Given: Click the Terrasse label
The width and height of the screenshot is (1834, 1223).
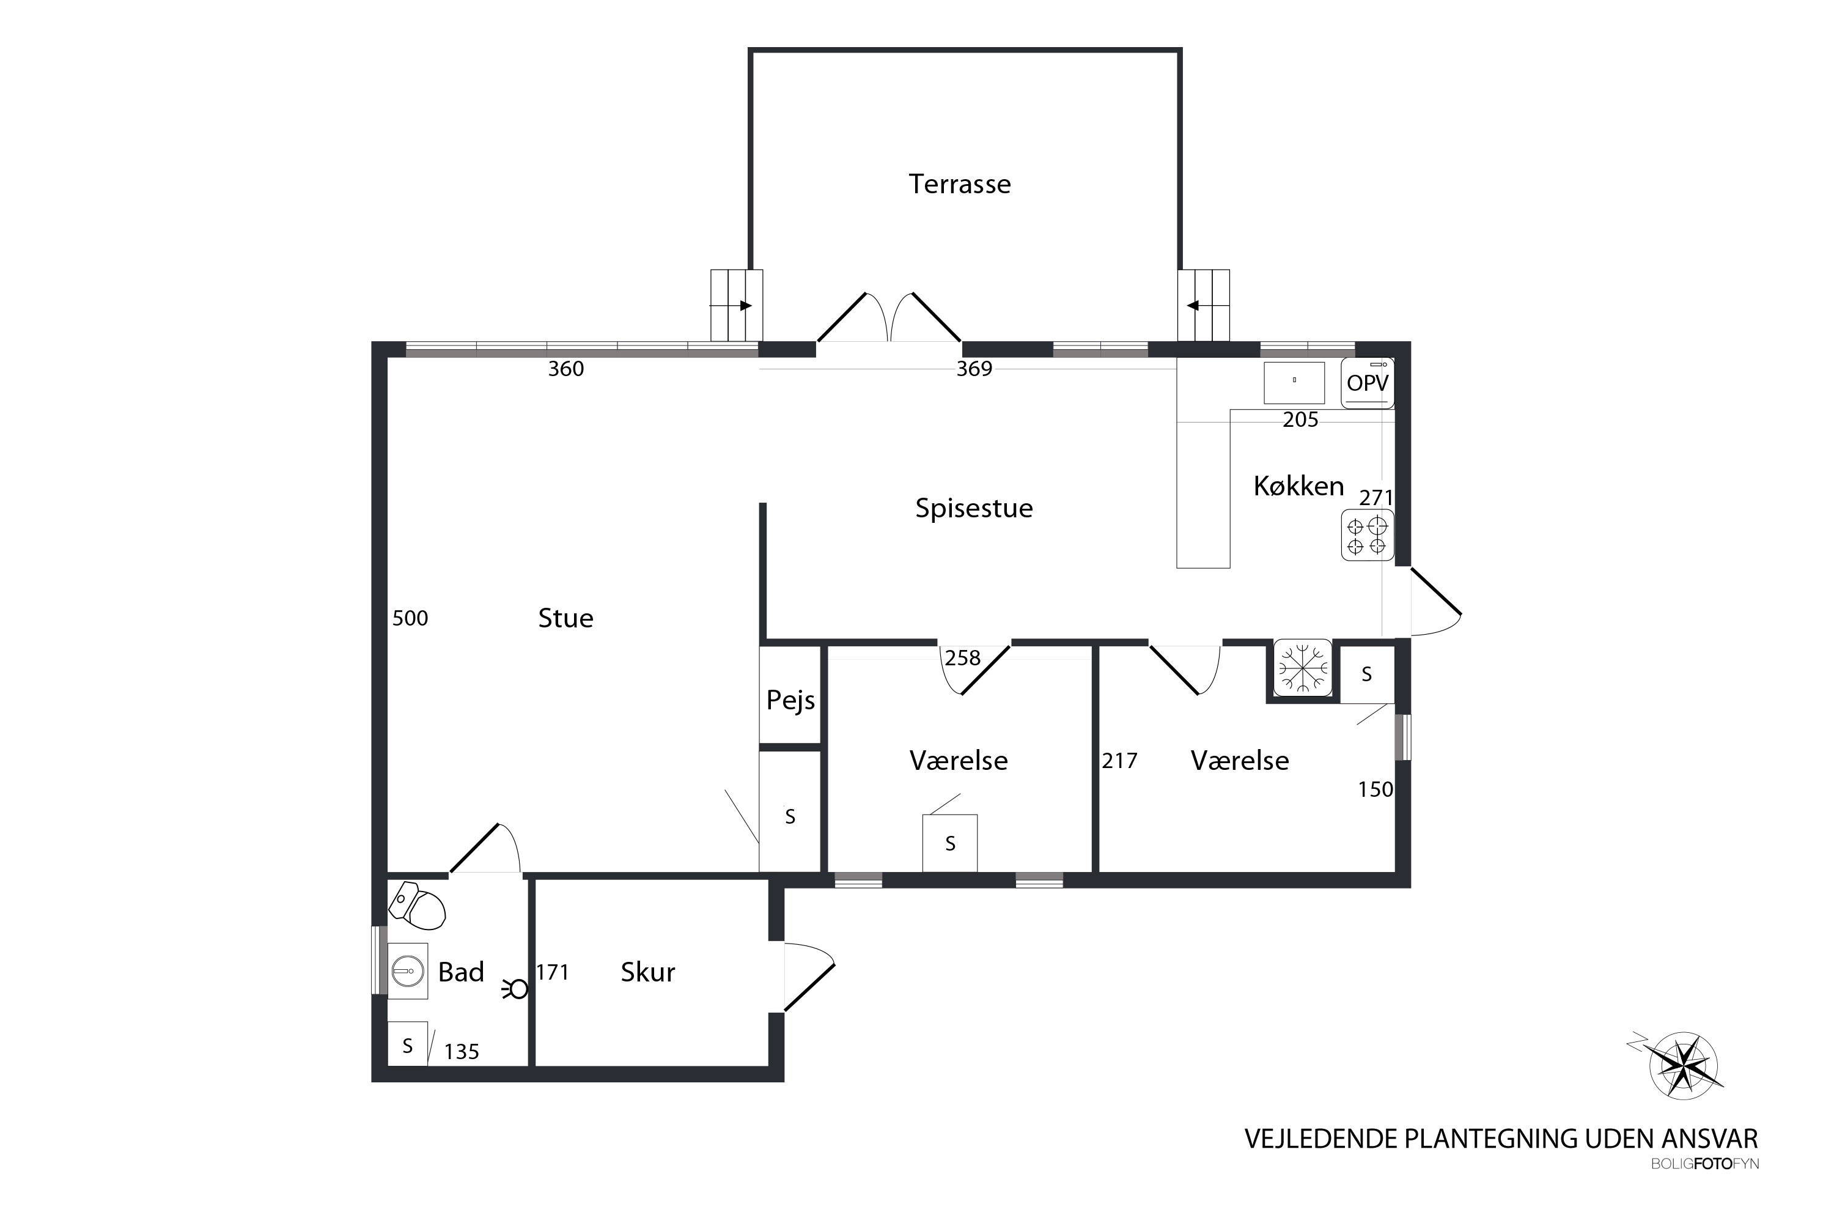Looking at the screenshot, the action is [x=959, y=184].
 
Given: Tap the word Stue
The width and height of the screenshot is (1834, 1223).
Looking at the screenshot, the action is [x=565, y=618].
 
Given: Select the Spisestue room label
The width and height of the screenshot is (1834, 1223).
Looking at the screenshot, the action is [x=974, y=509].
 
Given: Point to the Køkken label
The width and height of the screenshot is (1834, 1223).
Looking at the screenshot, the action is [x=1298, y=486].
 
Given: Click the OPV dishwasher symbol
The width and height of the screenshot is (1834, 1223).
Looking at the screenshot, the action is [x=1368, y=383].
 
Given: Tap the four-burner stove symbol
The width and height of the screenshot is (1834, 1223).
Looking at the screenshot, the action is [x=1367, y=535].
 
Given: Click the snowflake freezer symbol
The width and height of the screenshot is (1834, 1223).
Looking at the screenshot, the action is [x=1302, y=667].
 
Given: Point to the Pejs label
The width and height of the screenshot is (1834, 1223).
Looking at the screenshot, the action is [x=790, y=700].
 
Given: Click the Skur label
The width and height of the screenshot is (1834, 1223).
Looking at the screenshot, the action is [x=647, y=972].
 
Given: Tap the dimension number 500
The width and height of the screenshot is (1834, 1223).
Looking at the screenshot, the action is [x=410, y=618].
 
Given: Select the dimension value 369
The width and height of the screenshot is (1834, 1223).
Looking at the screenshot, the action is [x=974, y=369].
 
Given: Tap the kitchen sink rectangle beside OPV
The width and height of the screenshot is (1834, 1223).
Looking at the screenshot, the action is [x=1294, y=383].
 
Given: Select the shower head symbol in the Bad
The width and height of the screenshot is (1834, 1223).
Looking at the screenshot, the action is [x=515, y=989].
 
